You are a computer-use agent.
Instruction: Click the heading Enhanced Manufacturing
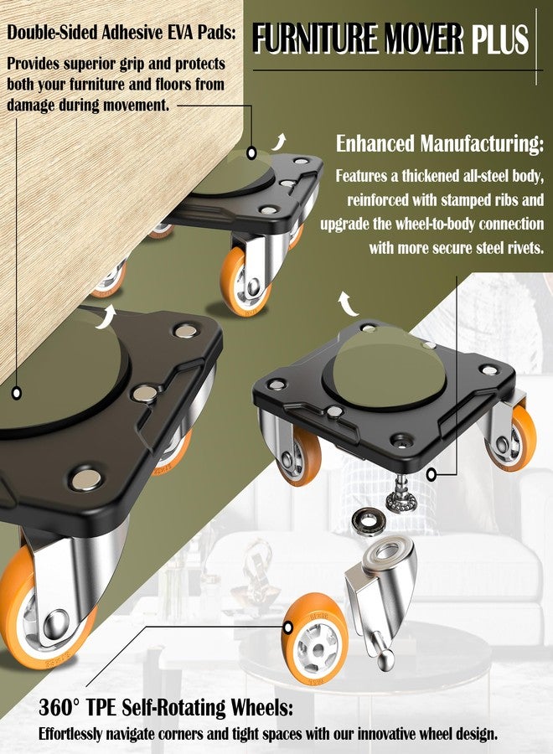tap(440, 144)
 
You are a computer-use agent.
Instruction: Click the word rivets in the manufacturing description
tap(521, 248)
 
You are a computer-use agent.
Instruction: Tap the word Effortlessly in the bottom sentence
tap(70, 734)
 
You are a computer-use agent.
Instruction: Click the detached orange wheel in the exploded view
tap(314, 639)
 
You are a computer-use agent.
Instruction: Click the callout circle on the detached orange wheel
tap(288, 627)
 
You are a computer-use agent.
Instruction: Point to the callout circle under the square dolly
tap(432, 475)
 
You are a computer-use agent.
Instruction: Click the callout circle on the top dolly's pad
tap(251, 153)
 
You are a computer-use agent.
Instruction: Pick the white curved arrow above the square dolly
tap(347, 303)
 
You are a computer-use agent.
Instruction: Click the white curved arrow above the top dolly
tap(279, 142)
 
